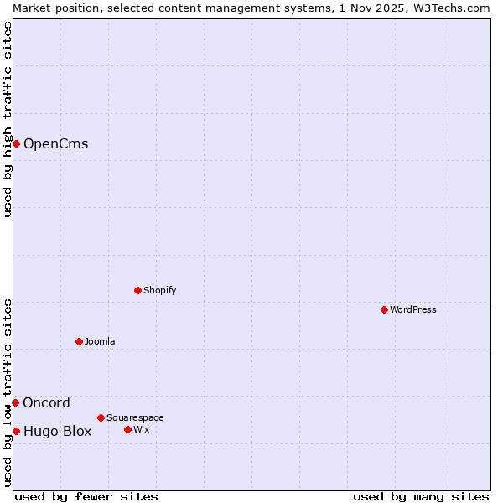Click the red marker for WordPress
[384, 309]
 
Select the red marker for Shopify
[137, 290]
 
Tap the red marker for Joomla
[80, 341]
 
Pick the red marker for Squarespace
[101, 417]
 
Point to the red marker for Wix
[127, 429]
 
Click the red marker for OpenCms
[16, 143]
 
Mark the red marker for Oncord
[15, 402]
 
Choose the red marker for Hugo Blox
[16, 431]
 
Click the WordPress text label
[413, 309]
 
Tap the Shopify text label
[160, 290]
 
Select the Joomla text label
[100, 341]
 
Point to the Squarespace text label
[135, 417]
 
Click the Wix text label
[142, 429]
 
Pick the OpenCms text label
[55, 143]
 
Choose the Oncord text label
[46, 402]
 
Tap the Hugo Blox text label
[57, 432]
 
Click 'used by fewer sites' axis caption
[86, 496]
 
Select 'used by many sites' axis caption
[421, 496]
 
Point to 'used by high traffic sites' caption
[8, 119]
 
